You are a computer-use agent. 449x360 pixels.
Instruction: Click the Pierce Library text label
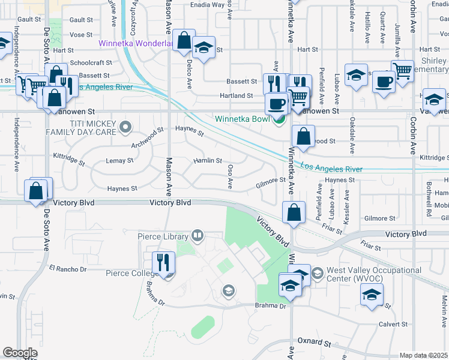(x=163, y=237)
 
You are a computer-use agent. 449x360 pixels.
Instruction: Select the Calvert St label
(x=394, y=324)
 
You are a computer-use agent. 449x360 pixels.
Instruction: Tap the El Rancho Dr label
(x=68, y=268)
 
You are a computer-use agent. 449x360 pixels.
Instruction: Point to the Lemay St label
(x=119, y=161)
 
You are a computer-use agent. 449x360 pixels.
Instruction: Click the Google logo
(x=20, y=353)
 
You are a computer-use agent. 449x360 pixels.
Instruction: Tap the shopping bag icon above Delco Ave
(x=184, y=41)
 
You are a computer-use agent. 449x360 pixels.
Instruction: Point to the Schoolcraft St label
(x=91, y=62)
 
